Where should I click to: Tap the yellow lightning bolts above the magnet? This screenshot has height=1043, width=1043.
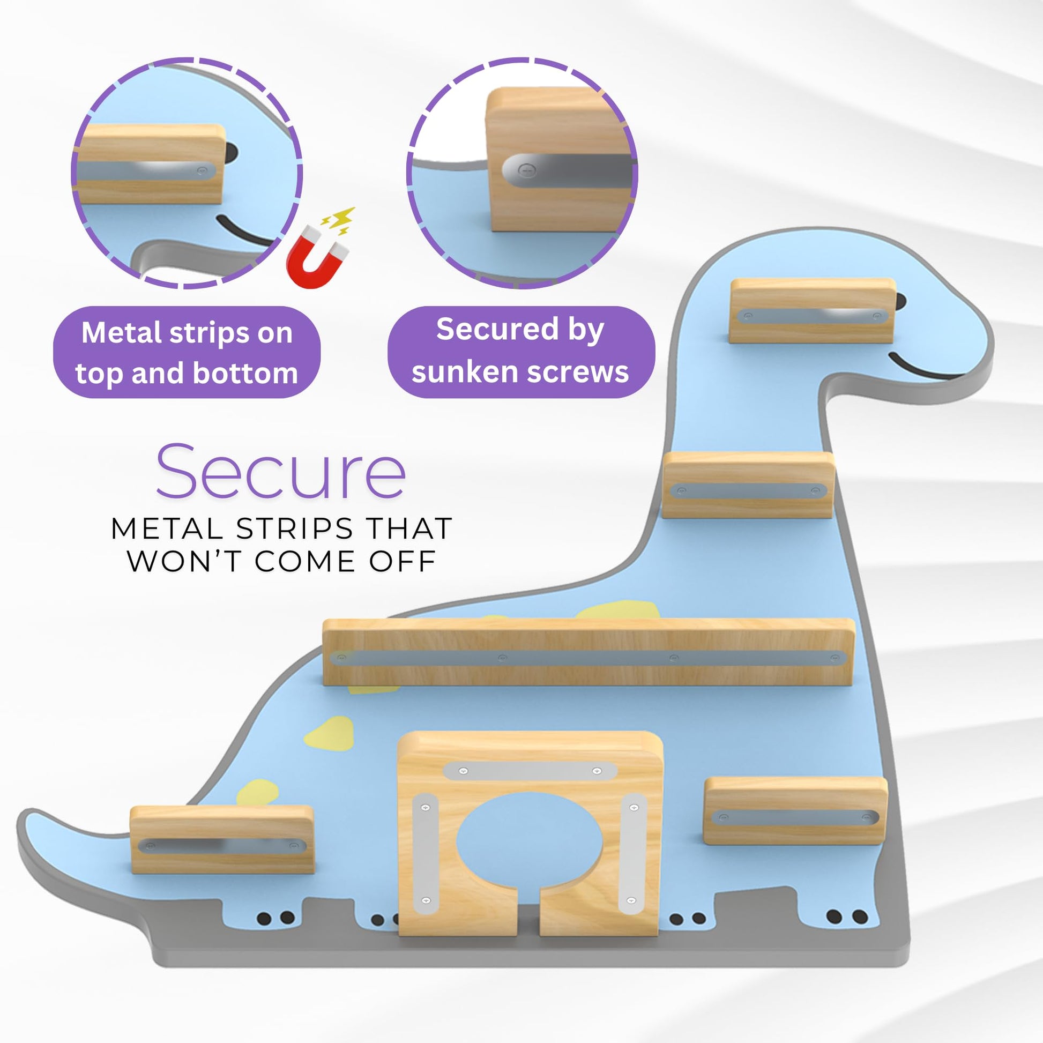339,221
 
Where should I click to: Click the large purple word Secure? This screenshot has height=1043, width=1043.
281,471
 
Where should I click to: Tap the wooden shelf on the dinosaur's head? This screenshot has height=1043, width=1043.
811,310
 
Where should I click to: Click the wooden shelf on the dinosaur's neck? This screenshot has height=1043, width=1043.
748,485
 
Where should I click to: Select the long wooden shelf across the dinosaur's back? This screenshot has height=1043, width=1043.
588,652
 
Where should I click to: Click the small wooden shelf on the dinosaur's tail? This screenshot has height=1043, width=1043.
222,839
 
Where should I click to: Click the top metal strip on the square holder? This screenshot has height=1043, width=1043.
530,771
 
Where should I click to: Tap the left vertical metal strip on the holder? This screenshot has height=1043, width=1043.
426,854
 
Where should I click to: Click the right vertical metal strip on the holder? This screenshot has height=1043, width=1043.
632,853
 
